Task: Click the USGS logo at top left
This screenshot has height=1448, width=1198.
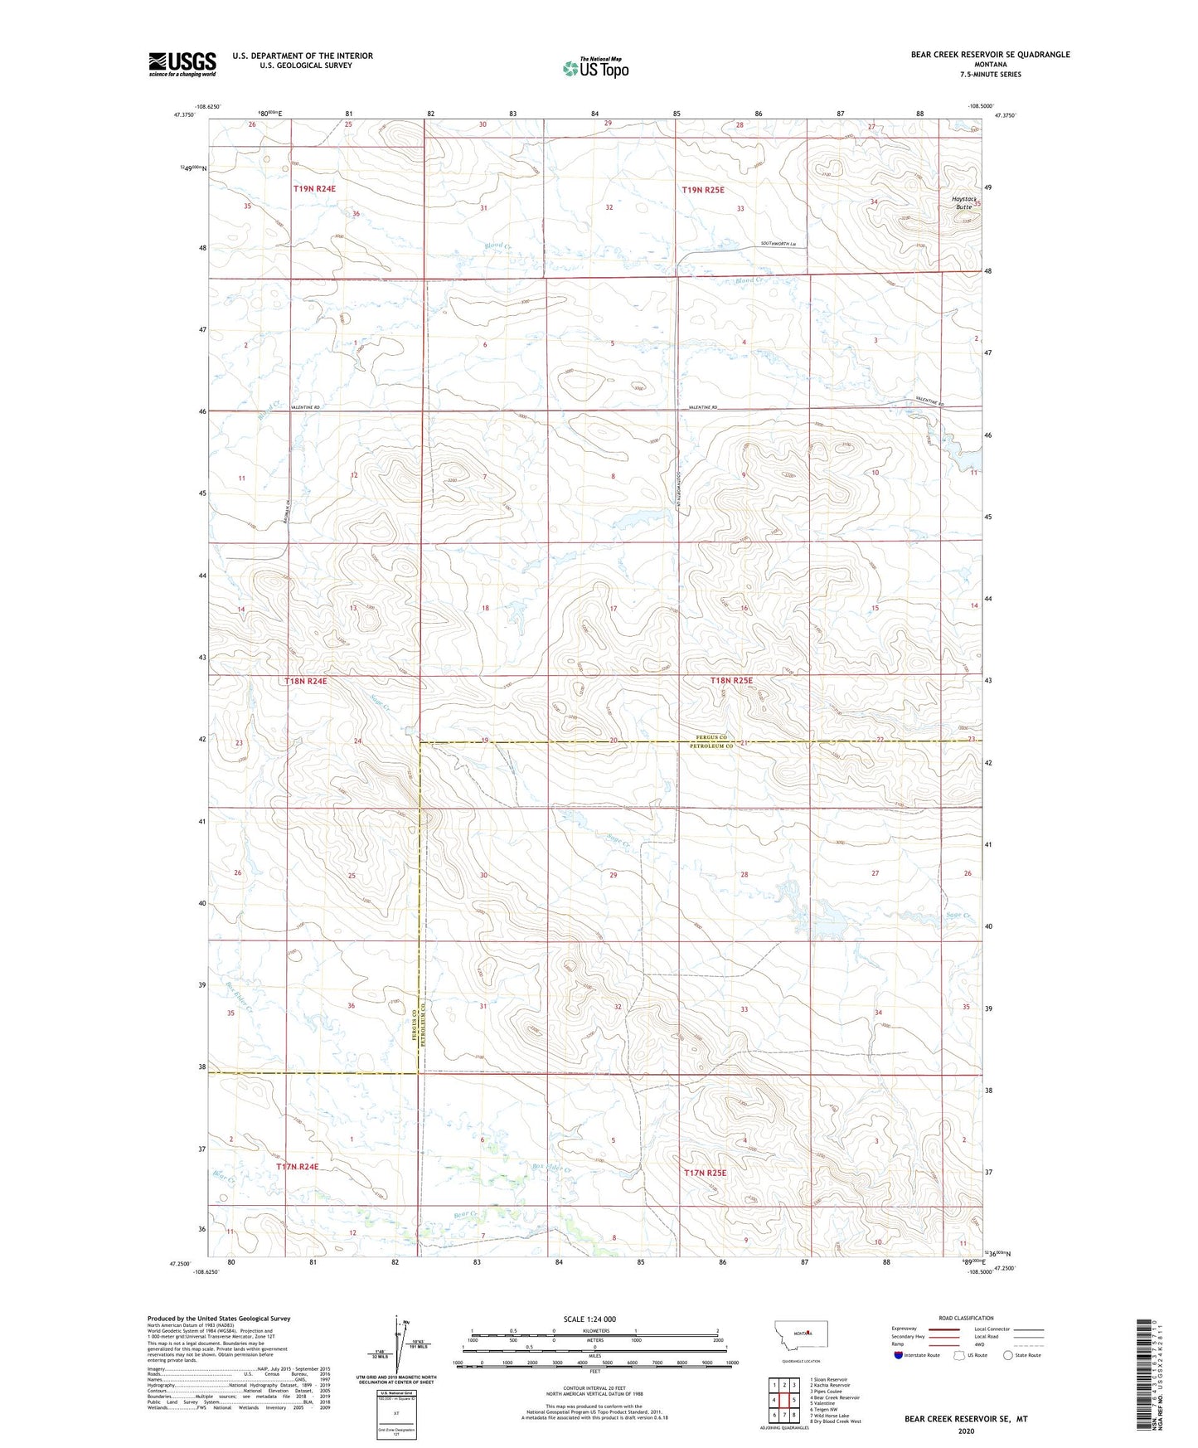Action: (x=182, y=64)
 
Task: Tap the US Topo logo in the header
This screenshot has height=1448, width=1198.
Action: (x=595, y=68)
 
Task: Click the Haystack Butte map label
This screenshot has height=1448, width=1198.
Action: (x=963, y=202)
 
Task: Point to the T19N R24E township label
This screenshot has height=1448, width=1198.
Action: (x=314, y=189)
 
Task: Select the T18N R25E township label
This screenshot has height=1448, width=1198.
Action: (x=731, y=681)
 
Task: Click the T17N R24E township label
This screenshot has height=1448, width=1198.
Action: (x=297, y=1167)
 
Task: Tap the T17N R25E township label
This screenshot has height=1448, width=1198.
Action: (x=705, y=1173)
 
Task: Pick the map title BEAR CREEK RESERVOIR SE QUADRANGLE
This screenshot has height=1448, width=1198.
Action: (x=990, y=55)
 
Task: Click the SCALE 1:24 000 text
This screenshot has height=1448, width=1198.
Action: (x=589, y=1319)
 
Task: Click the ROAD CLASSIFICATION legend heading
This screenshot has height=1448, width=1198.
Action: (x=966, y=1318)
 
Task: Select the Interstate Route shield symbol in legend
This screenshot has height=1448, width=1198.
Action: (x=899, y=1355)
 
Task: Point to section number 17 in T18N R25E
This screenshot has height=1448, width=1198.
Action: (x=614, y=609)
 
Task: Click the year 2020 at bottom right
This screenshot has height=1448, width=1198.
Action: (x=966, y=1431)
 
